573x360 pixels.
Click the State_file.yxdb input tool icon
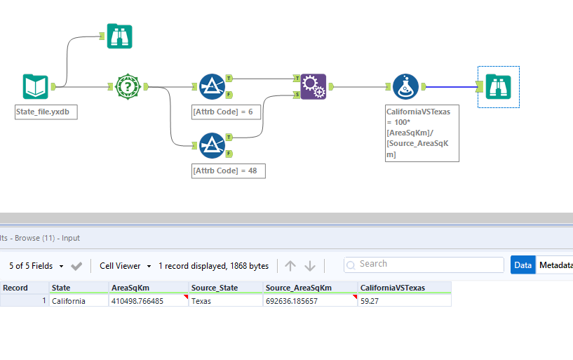(36, 86)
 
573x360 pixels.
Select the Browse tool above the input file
(119, 36)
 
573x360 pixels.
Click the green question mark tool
(128, 86)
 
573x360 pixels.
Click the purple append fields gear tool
(314, 86)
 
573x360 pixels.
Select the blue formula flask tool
(405, 86)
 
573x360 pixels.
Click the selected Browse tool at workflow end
(499, 87)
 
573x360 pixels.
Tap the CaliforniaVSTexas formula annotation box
(422, 133)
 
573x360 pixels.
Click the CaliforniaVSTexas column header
(403, 288)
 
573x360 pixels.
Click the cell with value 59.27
(403, 301)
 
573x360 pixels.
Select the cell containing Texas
(225, 301)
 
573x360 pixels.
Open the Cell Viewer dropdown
(125, 266)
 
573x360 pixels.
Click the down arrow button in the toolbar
(310, 266)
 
